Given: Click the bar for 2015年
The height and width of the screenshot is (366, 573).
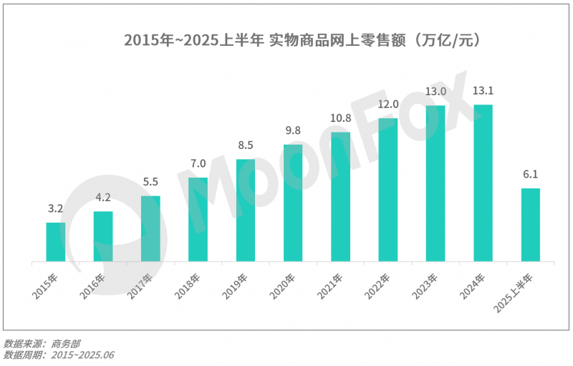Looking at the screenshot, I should pos(56,242).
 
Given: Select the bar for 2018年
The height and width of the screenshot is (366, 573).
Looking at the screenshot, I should pos(198,219).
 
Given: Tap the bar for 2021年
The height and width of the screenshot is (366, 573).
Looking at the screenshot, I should pos(340,196).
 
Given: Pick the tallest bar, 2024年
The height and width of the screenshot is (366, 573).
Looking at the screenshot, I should pos(483,183).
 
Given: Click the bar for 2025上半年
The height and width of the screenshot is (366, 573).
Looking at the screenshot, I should pos(530,224).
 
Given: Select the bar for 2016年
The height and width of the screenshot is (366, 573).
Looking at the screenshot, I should pos(103,236).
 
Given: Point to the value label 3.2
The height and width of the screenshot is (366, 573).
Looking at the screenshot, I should pos(56,210).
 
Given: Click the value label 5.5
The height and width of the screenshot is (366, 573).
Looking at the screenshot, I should pos(150,183).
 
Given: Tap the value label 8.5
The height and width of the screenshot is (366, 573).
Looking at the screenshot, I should pos(246,146).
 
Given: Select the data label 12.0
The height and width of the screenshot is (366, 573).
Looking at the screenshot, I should pos(387,105).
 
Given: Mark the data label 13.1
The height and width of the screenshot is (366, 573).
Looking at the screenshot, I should pos(483,91).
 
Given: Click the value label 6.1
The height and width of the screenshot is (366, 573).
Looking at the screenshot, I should pos(530,175).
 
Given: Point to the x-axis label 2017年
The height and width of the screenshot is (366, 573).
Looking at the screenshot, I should pos(140,284).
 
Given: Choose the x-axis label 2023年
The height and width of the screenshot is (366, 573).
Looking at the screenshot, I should pos(425,284).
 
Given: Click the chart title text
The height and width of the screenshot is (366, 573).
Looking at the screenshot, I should pos(286,40).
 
